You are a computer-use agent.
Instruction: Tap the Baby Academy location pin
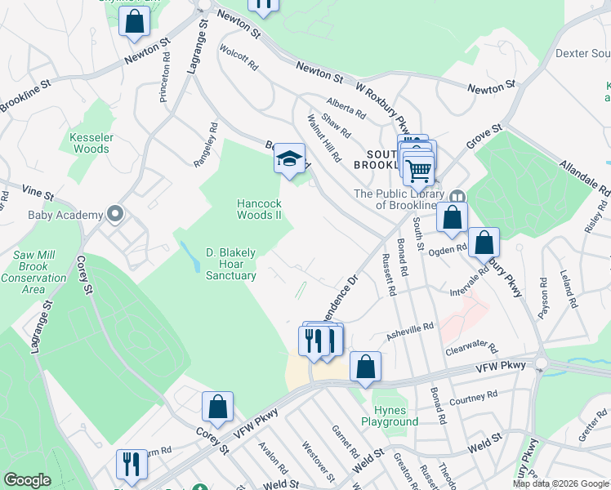coord(115,215)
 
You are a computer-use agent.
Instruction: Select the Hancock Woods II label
coord(259,209)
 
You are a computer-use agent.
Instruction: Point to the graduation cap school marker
coord(288,159)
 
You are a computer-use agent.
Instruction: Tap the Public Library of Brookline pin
coord(457,197)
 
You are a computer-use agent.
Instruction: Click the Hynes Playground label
coord(395,416)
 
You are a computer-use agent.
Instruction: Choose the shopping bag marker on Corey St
coord(218,407)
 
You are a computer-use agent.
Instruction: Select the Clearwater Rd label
coord(471,349)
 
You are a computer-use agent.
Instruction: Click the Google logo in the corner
coord(28,480)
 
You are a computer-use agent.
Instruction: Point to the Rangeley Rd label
coord(206,145)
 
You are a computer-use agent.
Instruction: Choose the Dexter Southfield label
coord(582,53)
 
